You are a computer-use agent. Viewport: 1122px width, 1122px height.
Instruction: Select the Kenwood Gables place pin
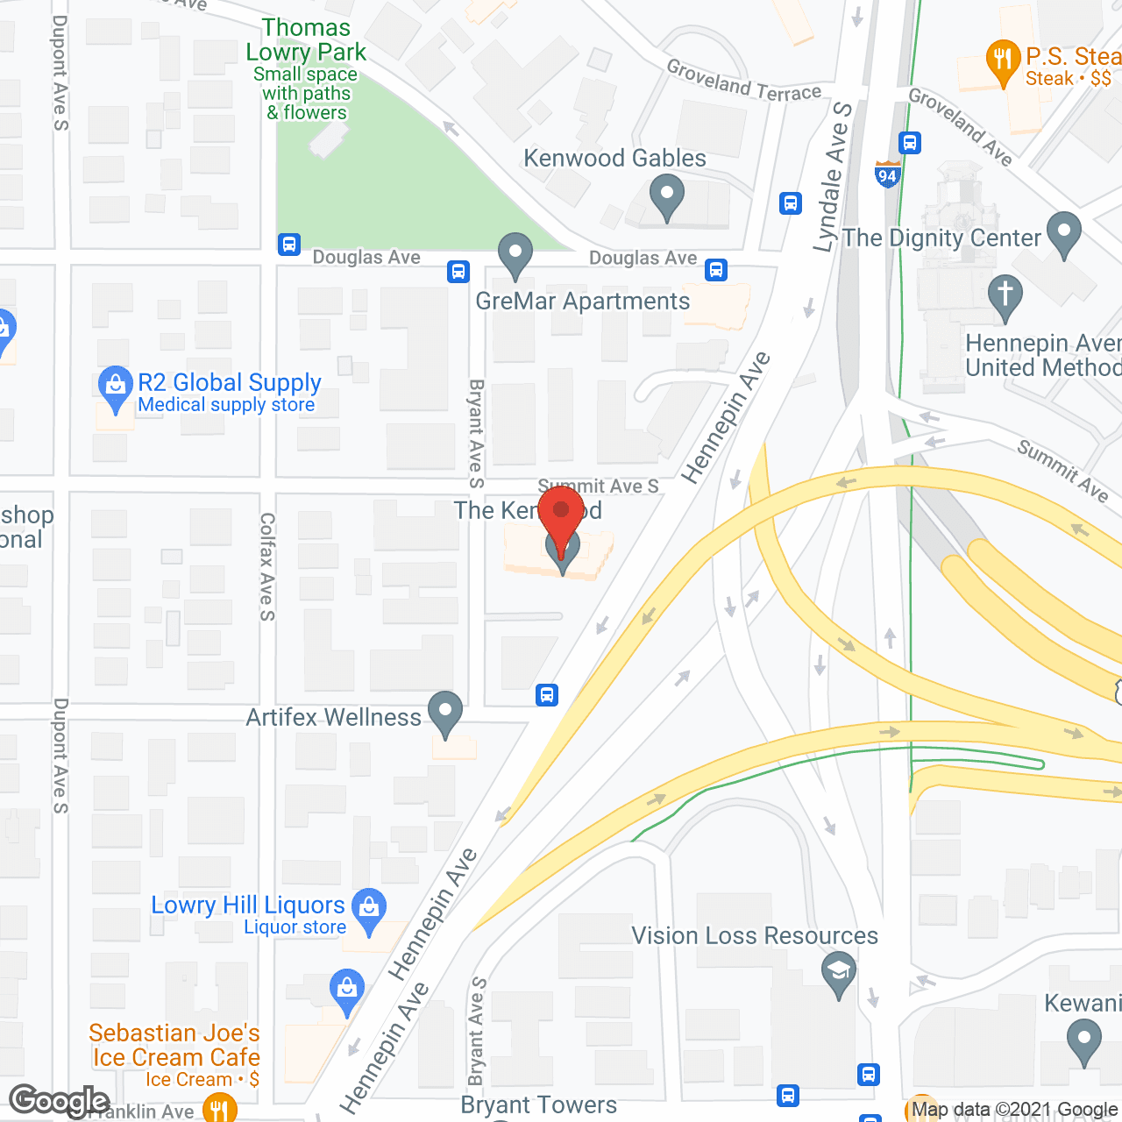(667, 196)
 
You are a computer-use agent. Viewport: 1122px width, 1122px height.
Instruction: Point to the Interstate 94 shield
(887, 174)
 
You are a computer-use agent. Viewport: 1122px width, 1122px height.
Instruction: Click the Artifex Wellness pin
(445, 713)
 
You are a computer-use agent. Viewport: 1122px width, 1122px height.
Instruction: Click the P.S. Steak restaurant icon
(1003, 62)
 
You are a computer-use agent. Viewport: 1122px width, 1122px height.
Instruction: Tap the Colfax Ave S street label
(267, 566)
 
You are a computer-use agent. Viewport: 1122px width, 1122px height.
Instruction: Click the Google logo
(59, 1101)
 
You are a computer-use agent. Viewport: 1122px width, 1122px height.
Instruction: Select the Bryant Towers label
(539, 1105)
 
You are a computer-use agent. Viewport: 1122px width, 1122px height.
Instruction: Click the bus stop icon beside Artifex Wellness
(547, 695)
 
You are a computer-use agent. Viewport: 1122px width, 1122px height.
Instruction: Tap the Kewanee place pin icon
(1084, 1044)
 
